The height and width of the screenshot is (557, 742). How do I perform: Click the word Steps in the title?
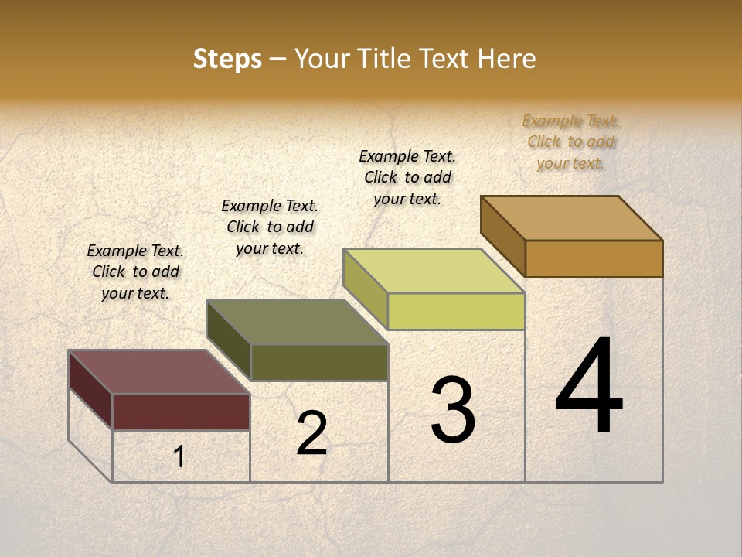227,59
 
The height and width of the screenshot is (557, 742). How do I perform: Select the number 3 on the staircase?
452,410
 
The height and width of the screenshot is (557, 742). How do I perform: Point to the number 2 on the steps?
311,433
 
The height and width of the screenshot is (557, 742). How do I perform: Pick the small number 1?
179,457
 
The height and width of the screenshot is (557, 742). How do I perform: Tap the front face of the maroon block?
181,412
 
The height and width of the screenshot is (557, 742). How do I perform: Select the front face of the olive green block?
318,362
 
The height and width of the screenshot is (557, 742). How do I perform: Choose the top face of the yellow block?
434,271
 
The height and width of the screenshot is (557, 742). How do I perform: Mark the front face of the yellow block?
456,311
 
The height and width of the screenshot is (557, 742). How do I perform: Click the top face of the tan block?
572,218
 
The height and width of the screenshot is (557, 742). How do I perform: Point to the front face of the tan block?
594,258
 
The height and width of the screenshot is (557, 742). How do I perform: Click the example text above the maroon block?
135,272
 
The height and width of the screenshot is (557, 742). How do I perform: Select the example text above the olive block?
270,227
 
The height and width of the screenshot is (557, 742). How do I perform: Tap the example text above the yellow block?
407,177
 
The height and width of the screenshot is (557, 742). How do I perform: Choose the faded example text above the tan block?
571,142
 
